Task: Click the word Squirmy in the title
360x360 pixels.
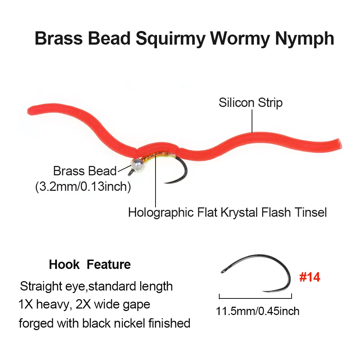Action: (170, 39)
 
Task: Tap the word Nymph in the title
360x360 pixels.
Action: (305, 39)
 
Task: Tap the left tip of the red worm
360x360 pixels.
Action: (28, 111)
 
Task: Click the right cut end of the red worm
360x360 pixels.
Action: (340, 144)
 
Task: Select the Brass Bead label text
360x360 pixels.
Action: (85, 171)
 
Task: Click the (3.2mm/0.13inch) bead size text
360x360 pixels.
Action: (83, 186)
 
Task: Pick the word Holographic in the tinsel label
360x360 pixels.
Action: (161, 213)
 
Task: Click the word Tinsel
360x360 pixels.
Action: (310, 212)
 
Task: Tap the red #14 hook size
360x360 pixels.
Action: (310, 277)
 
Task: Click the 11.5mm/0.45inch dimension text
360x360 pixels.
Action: (258, 311)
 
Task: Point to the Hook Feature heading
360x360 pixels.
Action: (90, 265)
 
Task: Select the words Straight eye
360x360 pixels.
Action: (53, 287)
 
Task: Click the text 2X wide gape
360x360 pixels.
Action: (113, 305)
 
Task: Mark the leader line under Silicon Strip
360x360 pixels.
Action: (252, 121)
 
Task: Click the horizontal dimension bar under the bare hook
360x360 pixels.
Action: (255, 298)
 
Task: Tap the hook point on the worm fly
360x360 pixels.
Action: (165, 183)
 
